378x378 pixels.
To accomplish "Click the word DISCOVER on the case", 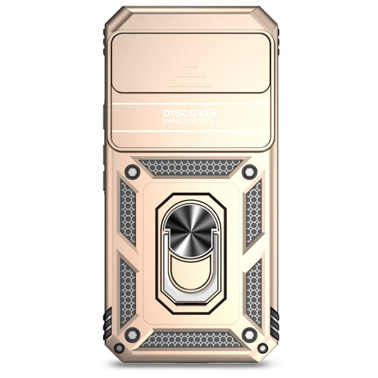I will pyautogui.click(x=190, y=113).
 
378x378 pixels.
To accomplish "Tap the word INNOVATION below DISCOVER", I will pyautogui.click(x=190, y=121).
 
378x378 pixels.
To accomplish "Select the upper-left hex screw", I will pyautogui.click(x=131, y=171).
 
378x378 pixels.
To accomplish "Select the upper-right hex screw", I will pyautogui.click(x=249, y=171).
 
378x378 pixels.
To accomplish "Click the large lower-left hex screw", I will pyautogui.click(x=132, y=334).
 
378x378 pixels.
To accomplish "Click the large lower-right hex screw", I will pyautogui.click(x=248, y=334).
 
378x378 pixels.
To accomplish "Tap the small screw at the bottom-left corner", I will pyautogui.click(x=118, y=348).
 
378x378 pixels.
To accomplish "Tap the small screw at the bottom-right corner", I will pyautogui.click(x=262, y=348).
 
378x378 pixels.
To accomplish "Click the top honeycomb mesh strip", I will pyautogui.click(x=190, y=167).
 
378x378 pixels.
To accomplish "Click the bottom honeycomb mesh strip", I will pyautogui.click(x=190, y=340).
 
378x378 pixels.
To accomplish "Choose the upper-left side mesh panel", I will pyautogui.click(x=128, y=213).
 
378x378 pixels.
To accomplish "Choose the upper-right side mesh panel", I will pyautogui.click(x=252, y=213).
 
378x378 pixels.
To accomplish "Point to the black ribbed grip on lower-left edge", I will pyautogui.click(x=106, y=323).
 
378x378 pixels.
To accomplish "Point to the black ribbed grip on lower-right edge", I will pyautogui.click(x=274, y=323).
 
